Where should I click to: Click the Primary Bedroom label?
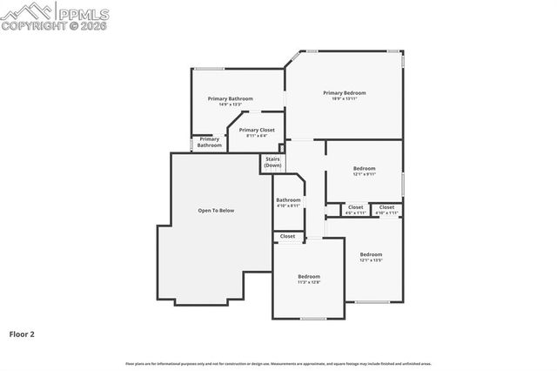(x=344, y=95)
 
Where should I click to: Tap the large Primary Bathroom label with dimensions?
(x=230, y=101)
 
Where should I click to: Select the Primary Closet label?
(x=257, y=132)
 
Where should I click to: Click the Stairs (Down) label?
(x=272, y=162)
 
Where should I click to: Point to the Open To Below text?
(x=216, y=210)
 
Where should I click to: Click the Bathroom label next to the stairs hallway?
(x=288, y=202)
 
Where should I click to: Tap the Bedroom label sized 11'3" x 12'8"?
(x=309, y=279)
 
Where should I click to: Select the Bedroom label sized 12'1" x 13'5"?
(x=371, y=257)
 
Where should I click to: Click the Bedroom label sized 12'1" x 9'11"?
(x=364, y=171)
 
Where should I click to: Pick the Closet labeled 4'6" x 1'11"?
(x=355, y=209)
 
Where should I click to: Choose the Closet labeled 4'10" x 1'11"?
(x=386, y=209)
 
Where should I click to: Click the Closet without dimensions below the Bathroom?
(x=287, y=236)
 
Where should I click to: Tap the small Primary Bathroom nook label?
(x=209, y=142)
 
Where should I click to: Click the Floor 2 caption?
(x=22, y=334)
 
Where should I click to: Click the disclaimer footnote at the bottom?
(x=278, y=363)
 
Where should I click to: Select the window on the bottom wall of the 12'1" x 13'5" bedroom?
(x=372, y=302)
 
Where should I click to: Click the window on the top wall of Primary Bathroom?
(x=208, y=68)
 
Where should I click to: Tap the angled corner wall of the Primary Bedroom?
(x=293, y=58)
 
